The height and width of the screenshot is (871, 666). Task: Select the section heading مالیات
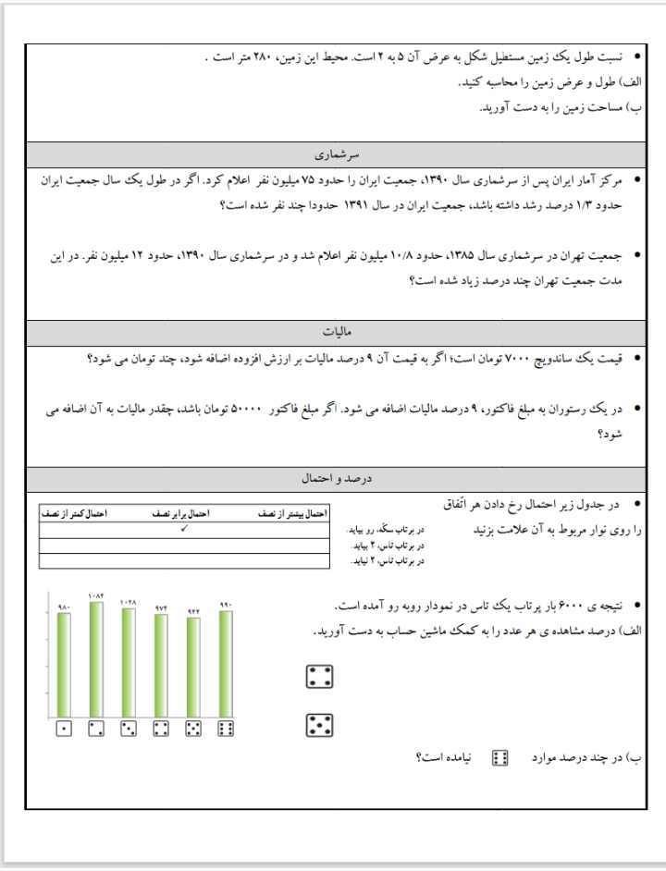coord(334,331)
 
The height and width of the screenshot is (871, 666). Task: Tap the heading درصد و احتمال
coord(334,479)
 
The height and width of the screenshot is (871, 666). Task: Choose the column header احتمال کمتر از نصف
coord(74,511)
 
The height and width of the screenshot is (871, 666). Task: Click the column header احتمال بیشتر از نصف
coord(291,511)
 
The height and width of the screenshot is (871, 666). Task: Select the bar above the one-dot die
coord(64,662)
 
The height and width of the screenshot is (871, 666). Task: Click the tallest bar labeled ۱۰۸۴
coord(96,657)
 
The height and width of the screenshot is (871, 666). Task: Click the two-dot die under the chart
coord(96,730)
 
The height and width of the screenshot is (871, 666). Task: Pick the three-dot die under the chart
coord(129,730)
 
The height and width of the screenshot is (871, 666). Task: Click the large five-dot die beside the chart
coord(319,725)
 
